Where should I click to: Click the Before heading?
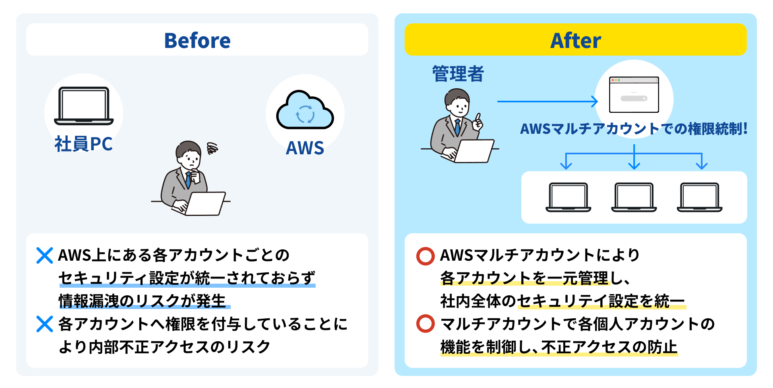point(197,40)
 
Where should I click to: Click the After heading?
point(575,40)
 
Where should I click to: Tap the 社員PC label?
point(83,144)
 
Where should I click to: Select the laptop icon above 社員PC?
point(84,106)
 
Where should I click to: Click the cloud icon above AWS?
point(305,110)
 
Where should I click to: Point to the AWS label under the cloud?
point(305,148)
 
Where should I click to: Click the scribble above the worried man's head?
point(212,148)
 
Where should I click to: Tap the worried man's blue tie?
point(188,180)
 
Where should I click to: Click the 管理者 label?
point(458,74)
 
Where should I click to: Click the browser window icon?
point(634,95)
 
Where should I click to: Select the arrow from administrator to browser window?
point(548,102)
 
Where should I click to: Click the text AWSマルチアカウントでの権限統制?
point(634,129)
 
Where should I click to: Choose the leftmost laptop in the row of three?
point(568,197)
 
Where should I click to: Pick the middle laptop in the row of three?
point(634,197)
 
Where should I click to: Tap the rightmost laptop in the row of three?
point(699,197)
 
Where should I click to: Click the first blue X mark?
point(44,255)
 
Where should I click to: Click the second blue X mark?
point(44,324)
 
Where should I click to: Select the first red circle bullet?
point(425,256)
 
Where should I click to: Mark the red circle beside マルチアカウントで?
point(425,324)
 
